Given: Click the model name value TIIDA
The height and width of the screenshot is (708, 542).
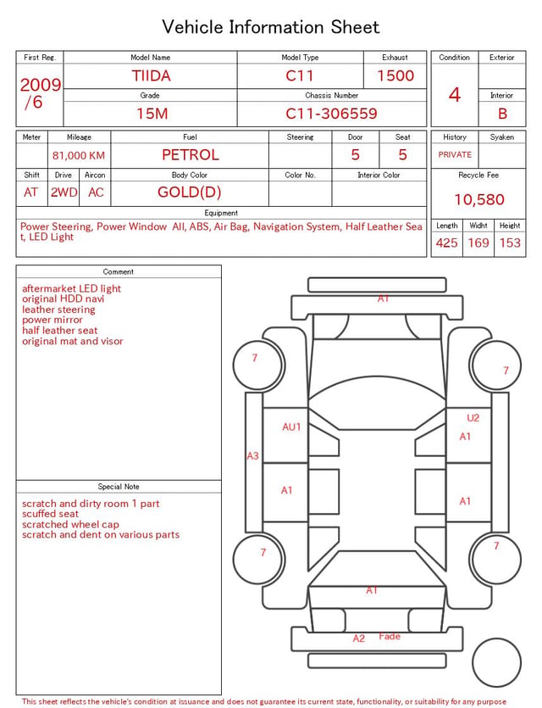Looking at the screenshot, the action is click(x=151, y=75).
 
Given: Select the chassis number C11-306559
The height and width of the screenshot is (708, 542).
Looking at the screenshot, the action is click(x=331, y=114).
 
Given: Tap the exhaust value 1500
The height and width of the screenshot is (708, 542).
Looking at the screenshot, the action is click(x=395, y=75).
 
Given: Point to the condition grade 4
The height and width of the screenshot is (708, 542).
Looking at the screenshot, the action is click(x=455, y=95).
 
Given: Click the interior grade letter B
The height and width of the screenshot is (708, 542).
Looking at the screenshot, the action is click(x=502, y=114).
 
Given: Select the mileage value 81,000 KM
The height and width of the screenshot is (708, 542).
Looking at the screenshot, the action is click(x=79, y=156).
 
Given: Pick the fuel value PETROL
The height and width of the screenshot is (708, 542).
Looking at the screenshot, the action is click(x=191, y=155).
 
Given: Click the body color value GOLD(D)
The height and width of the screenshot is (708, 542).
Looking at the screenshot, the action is click(x=190, y=192).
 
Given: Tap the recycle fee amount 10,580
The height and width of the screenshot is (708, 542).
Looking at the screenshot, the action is click(x=478, y=199).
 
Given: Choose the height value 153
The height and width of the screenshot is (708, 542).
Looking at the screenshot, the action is click(x=510, y=243).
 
